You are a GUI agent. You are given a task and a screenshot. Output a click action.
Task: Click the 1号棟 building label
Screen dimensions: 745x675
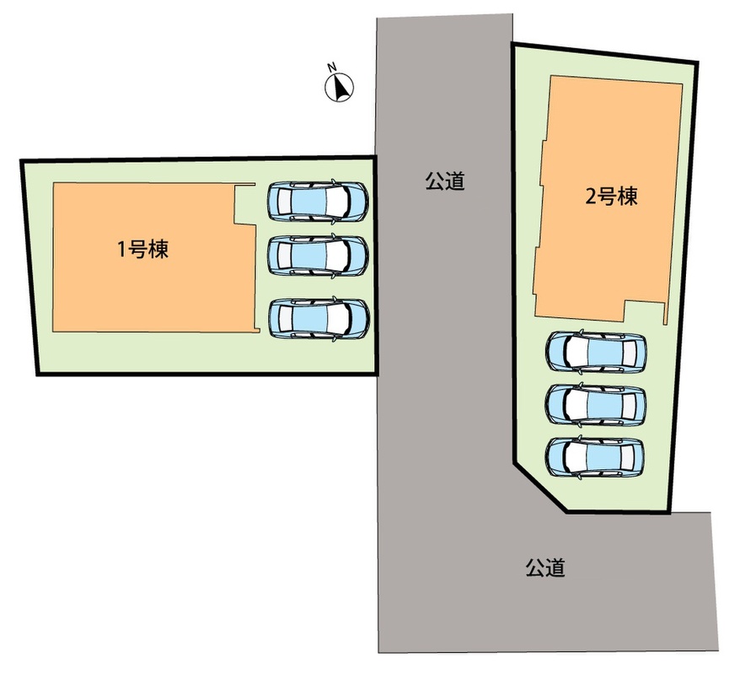click(143, 249)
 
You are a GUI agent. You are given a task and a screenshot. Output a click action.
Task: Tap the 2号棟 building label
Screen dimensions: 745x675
click(611, 197)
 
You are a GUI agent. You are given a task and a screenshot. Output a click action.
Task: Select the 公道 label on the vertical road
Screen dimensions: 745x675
click(445, 181)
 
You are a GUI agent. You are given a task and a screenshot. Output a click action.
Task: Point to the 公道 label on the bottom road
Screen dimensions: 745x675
click(545, 568)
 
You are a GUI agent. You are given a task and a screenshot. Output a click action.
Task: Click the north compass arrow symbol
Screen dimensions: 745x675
click(340, 88)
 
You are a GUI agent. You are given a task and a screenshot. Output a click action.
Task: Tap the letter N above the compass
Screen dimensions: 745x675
click(332, 67)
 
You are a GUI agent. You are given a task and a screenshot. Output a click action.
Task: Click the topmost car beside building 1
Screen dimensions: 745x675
click(318, 201)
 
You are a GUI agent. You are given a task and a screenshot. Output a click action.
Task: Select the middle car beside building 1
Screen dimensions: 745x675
click(318, 256)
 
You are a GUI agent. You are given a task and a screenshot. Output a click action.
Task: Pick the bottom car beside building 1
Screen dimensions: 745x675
click(319, 318)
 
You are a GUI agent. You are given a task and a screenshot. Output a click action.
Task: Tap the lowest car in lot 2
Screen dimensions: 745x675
click(595, 456)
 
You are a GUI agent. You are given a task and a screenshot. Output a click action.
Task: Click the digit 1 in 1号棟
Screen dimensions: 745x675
click(121, 250)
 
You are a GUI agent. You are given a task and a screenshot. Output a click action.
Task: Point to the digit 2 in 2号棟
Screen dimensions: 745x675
click(590, 197)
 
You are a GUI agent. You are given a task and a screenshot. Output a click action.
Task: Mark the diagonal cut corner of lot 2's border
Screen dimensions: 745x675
click(539, 487)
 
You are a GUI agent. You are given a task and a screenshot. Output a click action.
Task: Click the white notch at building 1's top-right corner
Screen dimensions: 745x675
click(245, 203)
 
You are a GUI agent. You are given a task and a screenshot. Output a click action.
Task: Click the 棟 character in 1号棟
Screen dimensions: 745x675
click(158, 249)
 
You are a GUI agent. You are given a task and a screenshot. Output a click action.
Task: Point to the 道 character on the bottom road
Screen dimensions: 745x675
click(555, 568)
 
